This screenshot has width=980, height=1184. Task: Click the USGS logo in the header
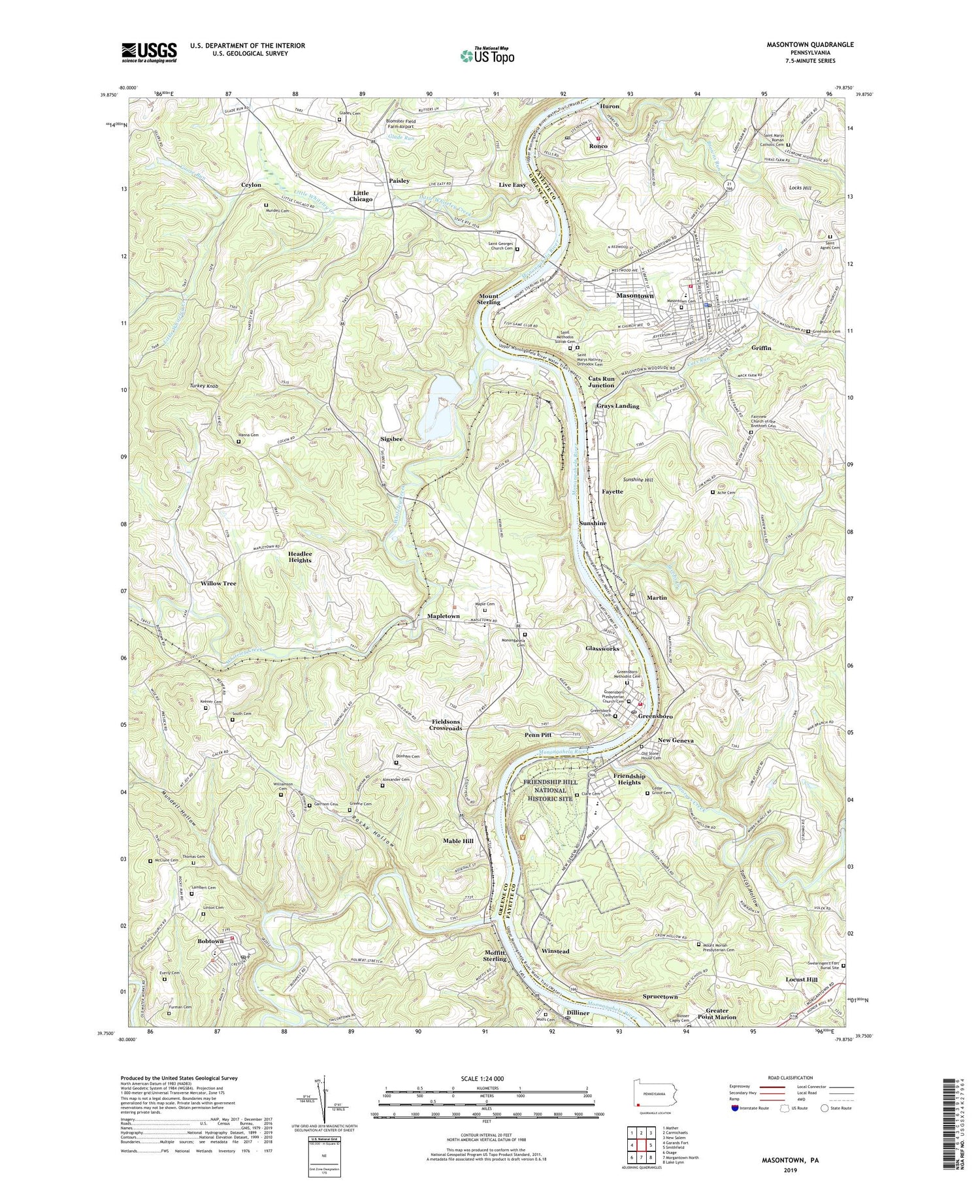pyautogui.click(x=149, y=52)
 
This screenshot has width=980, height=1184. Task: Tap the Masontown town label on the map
pyautogui.click(x=635, y=296)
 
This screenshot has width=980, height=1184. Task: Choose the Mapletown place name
pyautogui.click(x=444, y=616)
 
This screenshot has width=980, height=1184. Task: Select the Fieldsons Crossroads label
pyautogui.click(x=447, y=725)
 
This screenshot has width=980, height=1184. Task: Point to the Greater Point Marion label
pyautogui.click(x=717, y=1014)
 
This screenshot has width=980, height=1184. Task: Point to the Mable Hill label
pyautogui.click(x=458, y=840)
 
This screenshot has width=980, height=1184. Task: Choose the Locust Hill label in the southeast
pyautogui.click(x=802, y=980)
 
